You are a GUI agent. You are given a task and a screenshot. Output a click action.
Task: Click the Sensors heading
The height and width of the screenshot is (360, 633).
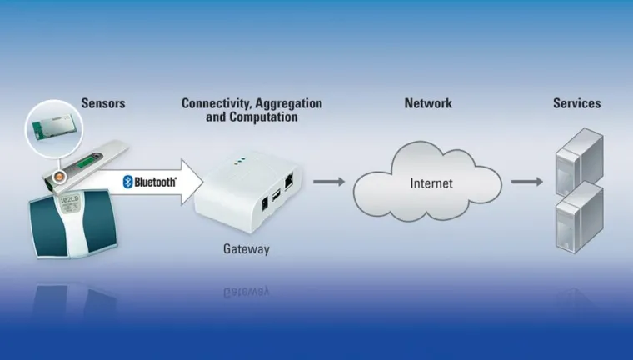(x=102, y=103)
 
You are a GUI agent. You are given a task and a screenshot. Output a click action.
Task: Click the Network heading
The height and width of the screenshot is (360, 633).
(x=428, y=103)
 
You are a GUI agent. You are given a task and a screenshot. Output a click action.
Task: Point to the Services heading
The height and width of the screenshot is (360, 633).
(x=577, y=103)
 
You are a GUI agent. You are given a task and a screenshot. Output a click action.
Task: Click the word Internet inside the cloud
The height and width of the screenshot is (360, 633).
(x=431, y=182)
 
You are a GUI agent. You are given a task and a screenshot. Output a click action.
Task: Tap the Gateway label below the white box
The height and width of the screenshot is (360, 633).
(x=247, y=248)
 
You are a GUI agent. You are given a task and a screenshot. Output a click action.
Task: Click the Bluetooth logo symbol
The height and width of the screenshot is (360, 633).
(x=129, y=182)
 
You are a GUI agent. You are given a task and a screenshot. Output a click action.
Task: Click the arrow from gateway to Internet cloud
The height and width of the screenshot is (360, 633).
(x=330, y=181)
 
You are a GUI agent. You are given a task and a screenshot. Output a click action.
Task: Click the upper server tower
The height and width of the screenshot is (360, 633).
(x=579, y=158)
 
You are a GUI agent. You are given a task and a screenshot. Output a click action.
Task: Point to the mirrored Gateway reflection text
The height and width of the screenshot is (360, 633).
(x=247, y=292)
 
